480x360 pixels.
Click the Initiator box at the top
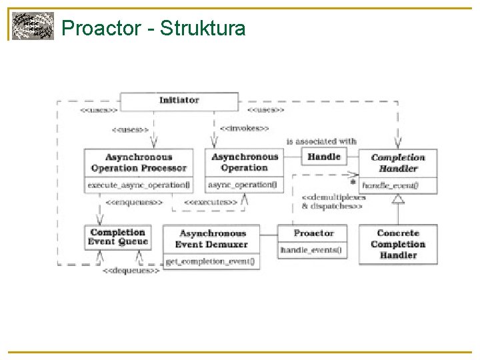point(179,101)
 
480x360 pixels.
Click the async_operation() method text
point(244,185)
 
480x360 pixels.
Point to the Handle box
point(324,157)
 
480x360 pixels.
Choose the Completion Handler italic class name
point(398,163)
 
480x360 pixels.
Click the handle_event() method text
point(390,185)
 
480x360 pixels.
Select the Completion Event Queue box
point(117,237)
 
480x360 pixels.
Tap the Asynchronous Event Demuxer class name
point(212,239)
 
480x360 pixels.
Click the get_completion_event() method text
point(209,261)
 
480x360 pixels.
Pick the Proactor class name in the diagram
point(313,233)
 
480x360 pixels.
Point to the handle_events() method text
point(311,250)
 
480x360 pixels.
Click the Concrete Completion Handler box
point(398,244)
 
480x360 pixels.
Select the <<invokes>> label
point(244,128)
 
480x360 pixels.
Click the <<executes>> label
point(210,201)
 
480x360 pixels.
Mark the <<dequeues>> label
point(131,271)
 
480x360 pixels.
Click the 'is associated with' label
point(321,141)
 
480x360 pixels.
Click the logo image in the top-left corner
point(33,27)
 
